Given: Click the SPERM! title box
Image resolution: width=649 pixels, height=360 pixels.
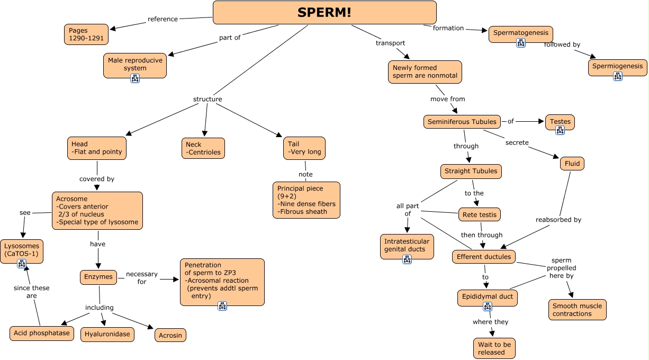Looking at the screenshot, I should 324,13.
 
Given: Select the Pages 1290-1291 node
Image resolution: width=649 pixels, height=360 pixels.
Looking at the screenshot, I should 86,34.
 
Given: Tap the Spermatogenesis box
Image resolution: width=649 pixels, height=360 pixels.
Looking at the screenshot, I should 521,33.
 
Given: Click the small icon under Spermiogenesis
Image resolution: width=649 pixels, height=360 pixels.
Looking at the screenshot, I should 618,76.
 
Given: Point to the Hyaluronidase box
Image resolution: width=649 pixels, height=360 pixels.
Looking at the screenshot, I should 107,334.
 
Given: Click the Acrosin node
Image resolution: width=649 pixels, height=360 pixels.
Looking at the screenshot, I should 170,335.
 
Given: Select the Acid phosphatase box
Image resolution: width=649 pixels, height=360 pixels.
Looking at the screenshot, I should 42,333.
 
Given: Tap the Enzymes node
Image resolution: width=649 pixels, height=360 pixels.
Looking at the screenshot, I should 98,277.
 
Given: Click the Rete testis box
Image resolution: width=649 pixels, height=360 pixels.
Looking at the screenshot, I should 479,214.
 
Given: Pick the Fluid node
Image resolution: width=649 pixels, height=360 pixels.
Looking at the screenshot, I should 572,164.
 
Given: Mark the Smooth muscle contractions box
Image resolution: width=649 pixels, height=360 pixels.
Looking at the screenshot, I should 577,310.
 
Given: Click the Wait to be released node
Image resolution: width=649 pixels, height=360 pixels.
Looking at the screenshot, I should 494,348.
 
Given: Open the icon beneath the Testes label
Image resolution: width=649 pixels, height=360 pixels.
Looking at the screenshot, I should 560,130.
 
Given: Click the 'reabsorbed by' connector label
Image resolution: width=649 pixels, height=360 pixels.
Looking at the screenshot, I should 558,220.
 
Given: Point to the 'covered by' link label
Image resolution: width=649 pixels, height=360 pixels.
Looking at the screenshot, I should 97,179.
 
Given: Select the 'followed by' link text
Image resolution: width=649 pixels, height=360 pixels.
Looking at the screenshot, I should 562,44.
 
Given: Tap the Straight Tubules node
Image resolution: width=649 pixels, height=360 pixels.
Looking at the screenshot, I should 471,171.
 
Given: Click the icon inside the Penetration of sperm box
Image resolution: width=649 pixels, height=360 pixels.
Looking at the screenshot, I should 222,305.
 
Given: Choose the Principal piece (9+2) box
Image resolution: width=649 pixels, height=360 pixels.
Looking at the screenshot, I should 307,200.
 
